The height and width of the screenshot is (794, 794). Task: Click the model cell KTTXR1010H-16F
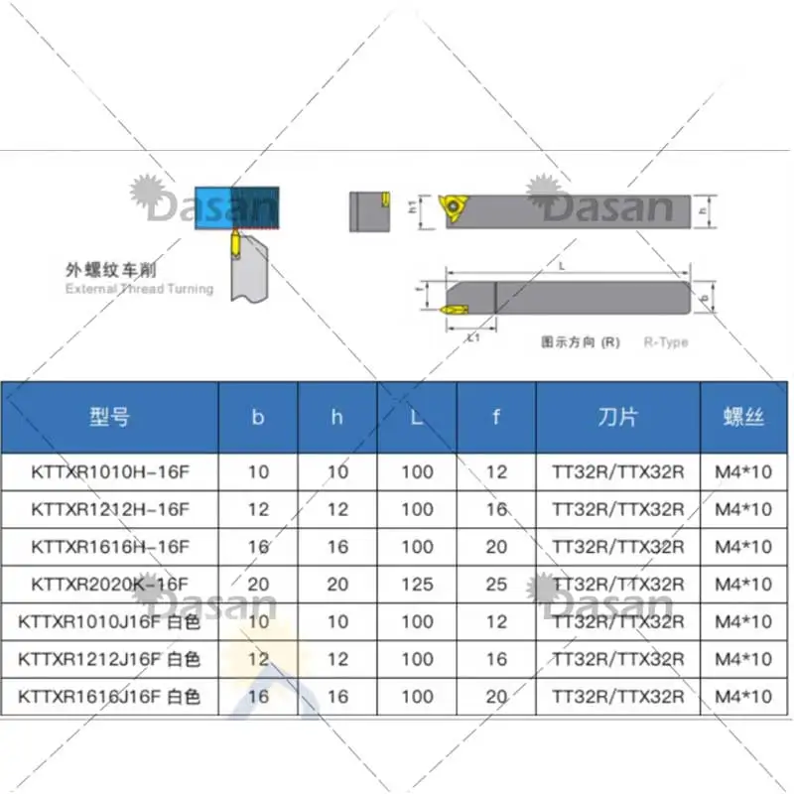coord(109,471)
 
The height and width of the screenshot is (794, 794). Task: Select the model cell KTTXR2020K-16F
coord(109,585)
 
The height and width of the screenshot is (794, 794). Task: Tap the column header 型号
coord(109,417)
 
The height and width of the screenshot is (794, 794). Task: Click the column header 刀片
coord(617,417)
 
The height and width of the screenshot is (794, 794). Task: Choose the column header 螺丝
coord(743,417)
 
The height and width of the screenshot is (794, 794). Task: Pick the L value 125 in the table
coord(417,585)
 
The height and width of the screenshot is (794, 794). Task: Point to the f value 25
coord(496,585)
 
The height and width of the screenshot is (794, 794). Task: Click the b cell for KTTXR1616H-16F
coord(258,547)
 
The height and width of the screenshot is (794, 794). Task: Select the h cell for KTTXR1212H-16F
coord(337,509)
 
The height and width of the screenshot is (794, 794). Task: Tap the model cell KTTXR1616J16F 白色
coord(109,698)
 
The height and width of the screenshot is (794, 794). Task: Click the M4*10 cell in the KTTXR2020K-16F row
coord(743,585)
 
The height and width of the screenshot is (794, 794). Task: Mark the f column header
coord(496,417)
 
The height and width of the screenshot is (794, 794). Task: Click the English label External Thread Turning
coord(139,289)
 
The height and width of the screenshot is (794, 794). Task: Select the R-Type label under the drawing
coord(665,342)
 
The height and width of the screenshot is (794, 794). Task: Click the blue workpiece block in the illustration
coord(212,206)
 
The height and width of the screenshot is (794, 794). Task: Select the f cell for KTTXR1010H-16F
coord(496,471)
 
